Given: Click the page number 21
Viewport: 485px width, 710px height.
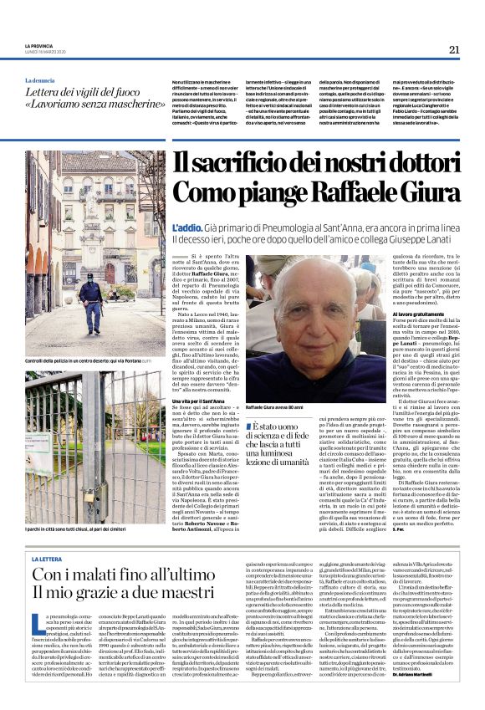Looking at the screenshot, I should pyautogui.click(x=454, y=49).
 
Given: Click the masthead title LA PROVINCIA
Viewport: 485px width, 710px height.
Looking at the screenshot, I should pyautogui.click(x=38, y=44).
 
